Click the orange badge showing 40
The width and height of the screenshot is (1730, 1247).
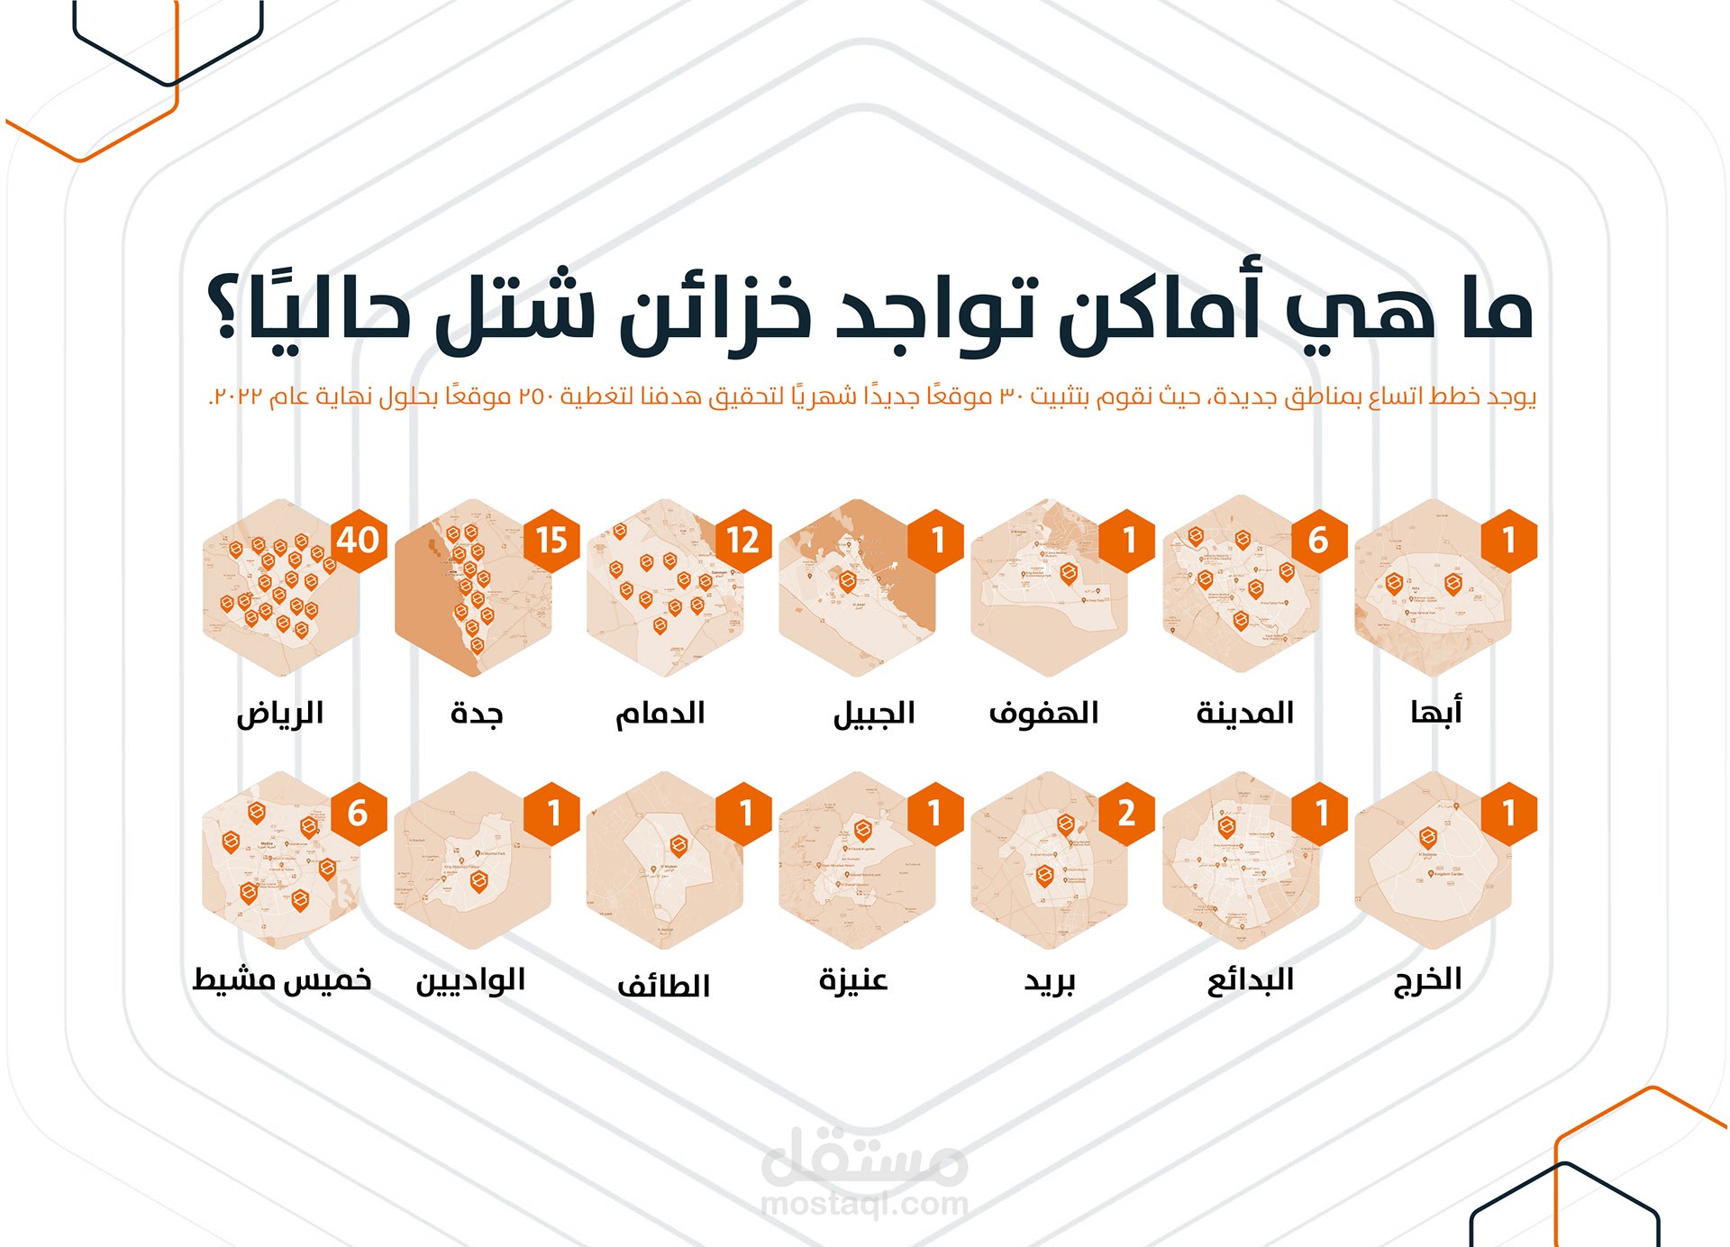coord(359,541)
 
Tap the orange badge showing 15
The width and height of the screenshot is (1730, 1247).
coord(551,541)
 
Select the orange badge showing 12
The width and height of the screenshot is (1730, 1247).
coord(743,541)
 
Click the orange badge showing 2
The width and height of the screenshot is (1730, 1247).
coord(1126,814)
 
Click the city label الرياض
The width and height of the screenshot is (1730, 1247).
coord(280,714)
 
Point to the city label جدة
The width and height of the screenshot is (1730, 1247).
coord(477,714)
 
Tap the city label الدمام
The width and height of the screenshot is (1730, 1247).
coord(660,714)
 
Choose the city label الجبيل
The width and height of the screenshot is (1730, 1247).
coord(874,714)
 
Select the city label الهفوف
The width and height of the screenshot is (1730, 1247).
coord(1044,714)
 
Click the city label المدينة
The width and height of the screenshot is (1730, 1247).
coord(1245,714)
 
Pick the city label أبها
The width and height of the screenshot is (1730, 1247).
coord(1436,712)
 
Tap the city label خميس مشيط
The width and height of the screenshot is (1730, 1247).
coord(282,980)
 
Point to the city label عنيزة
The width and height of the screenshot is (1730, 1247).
coord(853,980)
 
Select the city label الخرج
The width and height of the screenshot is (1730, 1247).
coord(1428,980)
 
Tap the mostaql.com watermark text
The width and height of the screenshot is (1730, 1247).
coord(864,1204)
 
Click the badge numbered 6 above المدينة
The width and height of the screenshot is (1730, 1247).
coord(1318,541)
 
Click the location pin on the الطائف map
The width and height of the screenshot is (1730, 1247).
coord(678,845)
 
